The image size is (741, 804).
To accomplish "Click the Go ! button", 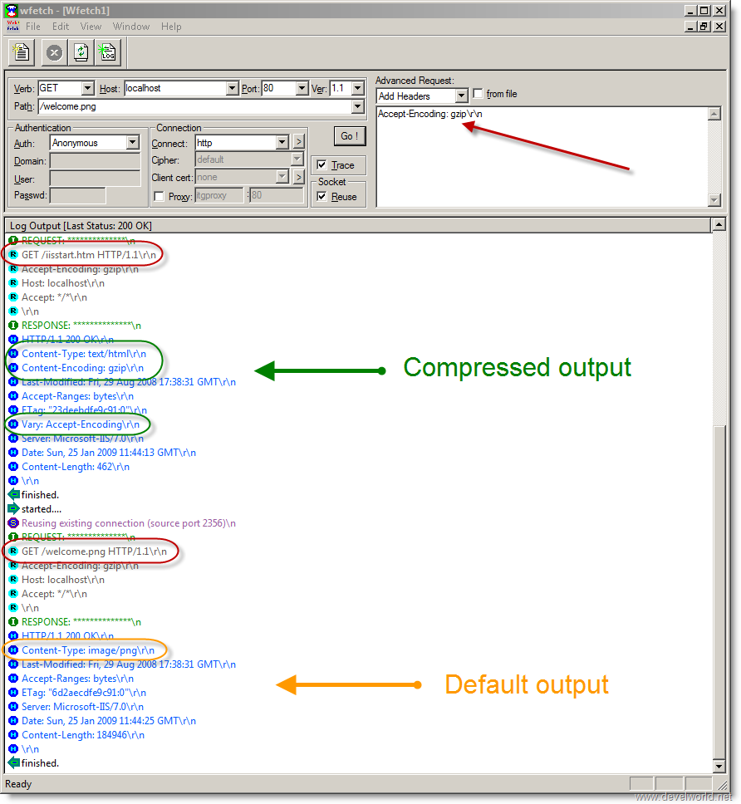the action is [x=350, y=136].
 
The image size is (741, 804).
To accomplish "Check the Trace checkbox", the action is [x=321, y=164].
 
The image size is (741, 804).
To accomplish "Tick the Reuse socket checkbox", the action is [x=321, y=196].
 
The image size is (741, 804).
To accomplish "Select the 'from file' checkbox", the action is [x=478, y=93].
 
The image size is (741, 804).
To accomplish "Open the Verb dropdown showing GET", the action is [x=66, y=88].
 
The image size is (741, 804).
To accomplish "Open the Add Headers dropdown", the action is [x=422, y=96].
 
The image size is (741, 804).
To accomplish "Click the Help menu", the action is [x=171, y=27].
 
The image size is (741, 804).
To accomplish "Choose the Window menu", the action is [x=131, y=27].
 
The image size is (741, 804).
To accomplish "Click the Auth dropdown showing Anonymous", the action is [x=95, y=143].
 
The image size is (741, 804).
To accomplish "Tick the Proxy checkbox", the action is [x=159, y=196].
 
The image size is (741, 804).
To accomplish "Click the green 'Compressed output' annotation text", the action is [x=517, y=368].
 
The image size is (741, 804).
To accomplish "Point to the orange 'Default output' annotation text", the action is [x=527, y=685].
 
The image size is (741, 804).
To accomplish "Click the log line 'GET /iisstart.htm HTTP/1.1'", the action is [x=89, y=255].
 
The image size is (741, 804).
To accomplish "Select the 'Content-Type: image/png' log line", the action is [x=88, y=650].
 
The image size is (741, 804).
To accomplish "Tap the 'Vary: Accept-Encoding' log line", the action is [x=81, y=424].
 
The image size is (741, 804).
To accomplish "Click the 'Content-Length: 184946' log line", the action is [x=83, y=735].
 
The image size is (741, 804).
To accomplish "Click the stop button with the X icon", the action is [x=54, y=52].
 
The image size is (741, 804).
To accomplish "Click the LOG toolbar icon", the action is [x=108, y=52].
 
